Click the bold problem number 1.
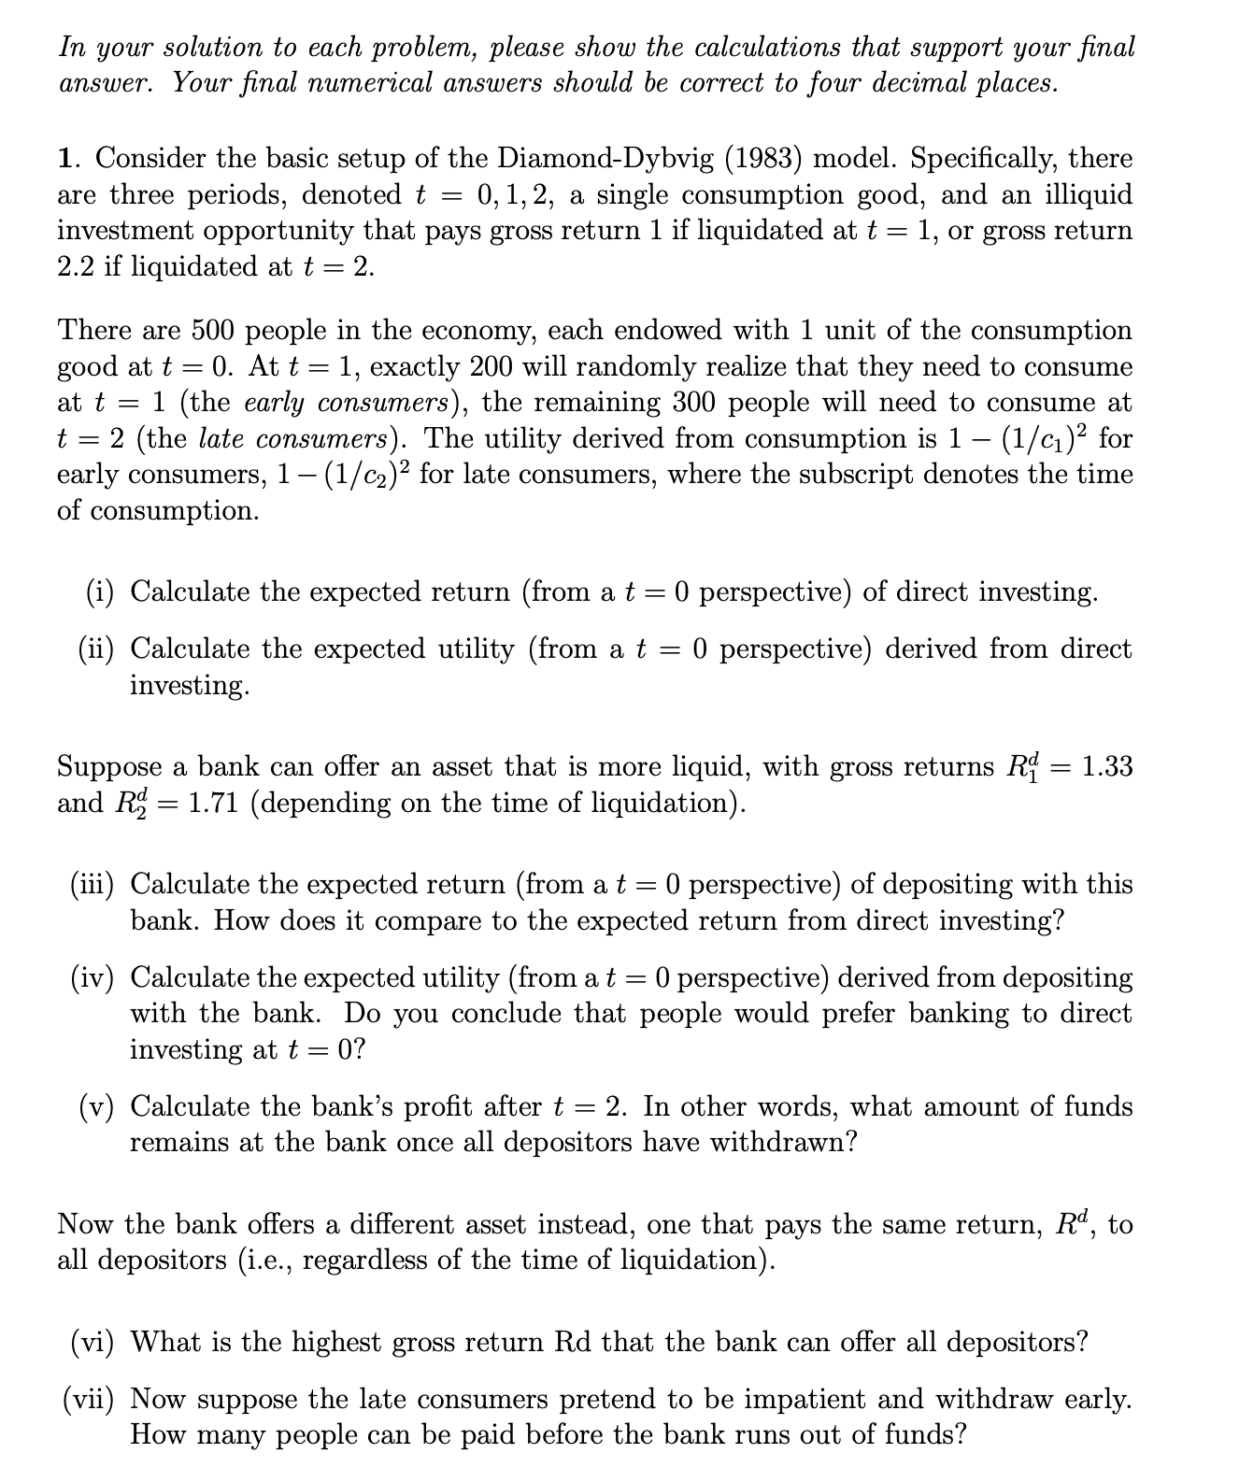(66, 158)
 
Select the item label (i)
(101, 592)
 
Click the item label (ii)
(97, 648)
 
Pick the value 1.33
(1106, 767)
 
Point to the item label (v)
(97, 1107)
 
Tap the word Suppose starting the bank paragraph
(109, 767)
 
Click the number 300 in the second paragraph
(761, 403)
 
